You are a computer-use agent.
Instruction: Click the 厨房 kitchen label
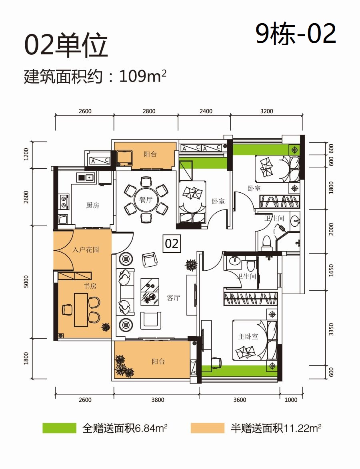click(92, 205)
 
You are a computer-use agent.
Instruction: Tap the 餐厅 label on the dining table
click(146, 200)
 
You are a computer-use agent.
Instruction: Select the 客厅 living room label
click(174, 297)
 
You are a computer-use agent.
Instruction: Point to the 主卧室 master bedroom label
click(248, 337)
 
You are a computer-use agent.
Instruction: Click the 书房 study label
click(90, 286)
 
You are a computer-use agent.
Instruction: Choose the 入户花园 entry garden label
click(86, 249)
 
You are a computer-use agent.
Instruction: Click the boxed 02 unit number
click(172, 243)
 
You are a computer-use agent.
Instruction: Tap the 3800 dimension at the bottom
click(158, 400)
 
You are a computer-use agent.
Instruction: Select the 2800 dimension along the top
click(149, 111)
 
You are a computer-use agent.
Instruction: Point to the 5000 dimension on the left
click(26, 282)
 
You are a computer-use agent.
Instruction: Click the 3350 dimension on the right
click(331, 329)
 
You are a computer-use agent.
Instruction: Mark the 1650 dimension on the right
click(331, 270)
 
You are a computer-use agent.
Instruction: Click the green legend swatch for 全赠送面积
click(59, 428)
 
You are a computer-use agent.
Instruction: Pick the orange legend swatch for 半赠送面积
click(207, 428)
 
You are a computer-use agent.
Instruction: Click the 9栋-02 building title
click(296, 34)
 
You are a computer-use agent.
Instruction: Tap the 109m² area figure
click(143, 76)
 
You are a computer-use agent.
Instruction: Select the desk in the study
click(81, 310)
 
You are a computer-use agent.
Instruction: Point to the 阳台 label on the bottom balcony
click(158, 361)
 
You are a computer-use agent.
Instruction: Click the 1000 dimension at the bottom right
click(291, 400)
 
